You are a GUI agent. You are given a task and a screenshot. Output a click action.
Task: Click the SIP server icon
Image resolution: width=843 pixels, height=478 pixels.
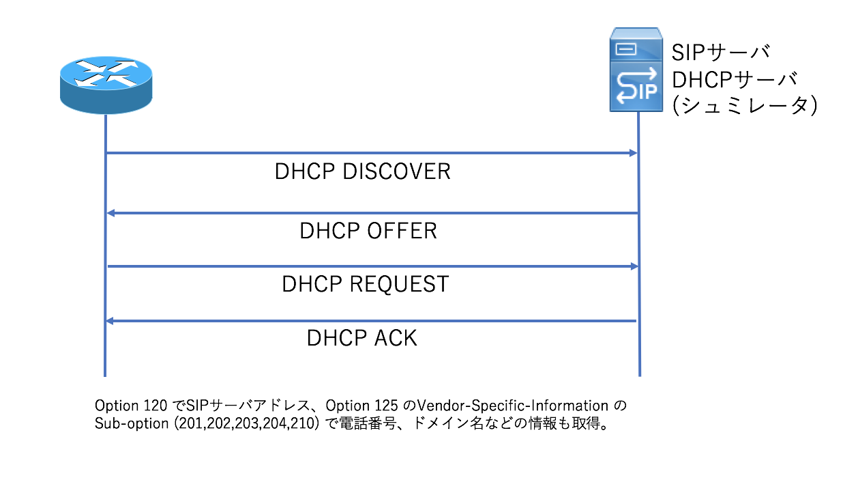(x=636, y=70)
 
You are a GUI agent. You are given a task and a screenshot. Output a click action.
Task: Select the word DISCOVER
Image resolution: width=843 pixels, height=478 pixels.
(x=396, y=171)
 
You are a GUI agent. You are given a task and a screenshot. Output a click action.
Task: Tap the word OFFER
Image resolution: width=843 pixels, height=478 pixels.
(x=402, y=231)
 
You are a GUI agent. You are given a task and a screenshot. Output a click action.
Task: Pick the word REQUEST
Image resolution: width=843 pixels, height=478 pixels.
(x=400, y=283)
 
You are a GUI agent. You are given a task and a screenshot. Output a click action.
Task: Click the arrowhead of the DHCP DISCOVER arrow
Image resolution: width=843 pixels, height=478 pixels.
(x=632, y=154)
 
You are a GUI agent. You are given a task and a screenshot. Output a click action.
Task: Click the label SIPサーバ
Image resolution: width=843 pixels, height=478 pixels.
(x=722, y=53)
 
